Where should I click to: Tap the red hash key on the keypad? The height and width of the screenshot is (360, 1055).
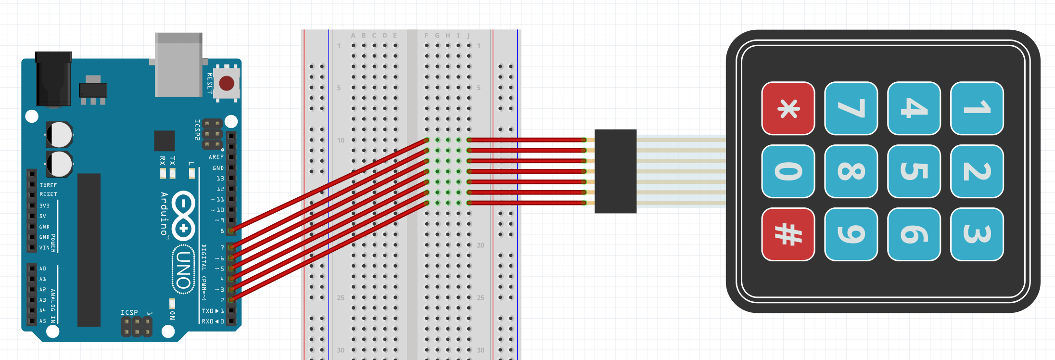coord(788,234)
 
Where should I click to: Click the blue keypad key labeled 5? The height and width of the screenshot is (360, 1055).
coord(914,171)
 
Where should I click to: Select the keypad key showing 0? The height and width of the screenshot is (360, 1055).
coord(788,171)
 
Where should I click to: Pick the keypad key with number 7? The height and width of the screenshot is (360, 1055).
coord(851,108)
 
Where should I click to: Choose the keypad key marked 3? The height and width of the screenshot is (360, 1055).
coord(977,234)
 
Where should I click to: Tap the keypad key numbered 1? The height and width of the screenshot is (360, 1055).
coord(977,108)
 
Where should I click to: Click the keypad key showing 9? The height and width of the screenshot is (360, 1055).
coord(851,234)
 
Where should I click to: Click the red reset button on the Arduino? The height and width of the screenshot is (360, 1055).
coord(227,83)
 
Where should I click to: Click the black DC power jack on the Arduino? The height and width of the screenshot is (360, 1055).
coord(54,79)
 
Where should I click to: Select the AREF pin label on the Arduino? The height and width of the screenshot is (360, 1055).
coord(216,157)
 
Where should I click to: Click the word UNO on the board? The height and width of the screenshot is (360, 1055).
coord(183,270)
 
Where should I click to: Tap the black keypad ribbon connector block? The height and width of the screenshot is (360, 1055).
coord(615,171)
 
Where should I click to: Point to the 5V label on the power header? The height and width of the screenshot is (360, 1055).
coord(43,217)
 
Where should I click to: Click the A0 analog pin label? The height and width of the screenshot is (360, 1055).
coord(43,269)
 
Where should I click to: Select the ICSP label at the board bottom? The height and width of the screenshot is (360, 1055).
coord(129,313)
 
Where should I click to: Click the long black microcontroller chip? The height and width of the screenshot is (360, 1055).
coord(89,250)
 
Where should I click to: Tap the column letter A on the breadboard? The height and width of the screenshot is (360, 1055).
coord(353,36)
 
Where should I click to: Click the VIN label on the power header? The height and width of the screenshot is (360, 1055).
coord(44,248)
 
